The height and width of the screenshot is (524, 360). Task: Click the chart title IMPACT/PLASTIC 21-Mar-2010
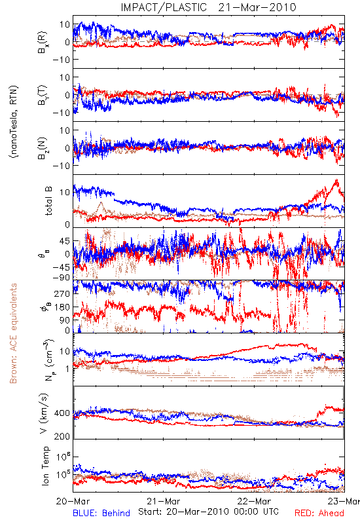tap(208, 7)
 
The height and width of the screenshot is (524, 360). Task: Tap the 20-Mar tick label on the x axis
tap(73, 502)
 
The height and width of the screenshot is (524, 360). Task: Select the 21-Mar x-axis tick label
tap(164, 502)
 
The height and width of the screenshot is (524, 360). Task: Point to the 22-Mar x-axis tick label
tap(254, 502)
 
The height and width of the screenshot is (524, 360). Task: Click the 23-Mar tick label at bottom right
tap(344, 502)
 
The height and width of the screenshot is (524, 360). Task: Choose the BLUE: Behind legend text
tap(101, 513)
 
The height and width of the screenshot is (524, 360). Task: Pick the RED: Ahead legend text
tap(319, 513)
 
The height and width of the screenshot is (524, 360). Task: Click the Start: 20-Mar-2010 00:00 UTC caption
tap(208, 512)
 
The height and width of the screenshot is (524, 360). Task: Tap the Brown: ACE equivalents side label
tap(13, 333)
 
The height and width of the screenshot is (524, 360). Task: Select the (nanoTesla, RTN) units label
tap(14, 121)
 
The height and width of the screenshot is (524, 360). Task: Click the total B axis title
tap(48, 201)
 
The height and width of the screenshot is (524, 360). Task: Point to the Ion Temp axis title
tap(46, 466)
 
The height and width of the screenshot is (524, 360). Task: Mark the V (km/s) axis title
tap(44, 413)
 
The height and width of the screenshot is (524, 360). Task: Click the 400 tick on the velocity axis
tap(62, 413)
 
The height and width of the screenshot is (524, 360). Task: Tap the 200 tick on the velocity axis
tap(62, 436)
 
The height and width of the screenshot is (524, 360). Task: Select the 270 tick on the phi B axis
tap(62, 293)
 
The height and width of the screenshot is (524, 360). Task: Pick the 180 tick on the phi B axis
tap(62, 307)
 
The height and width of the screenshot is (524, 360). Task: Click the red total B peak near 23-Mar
tap(336, 181)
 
